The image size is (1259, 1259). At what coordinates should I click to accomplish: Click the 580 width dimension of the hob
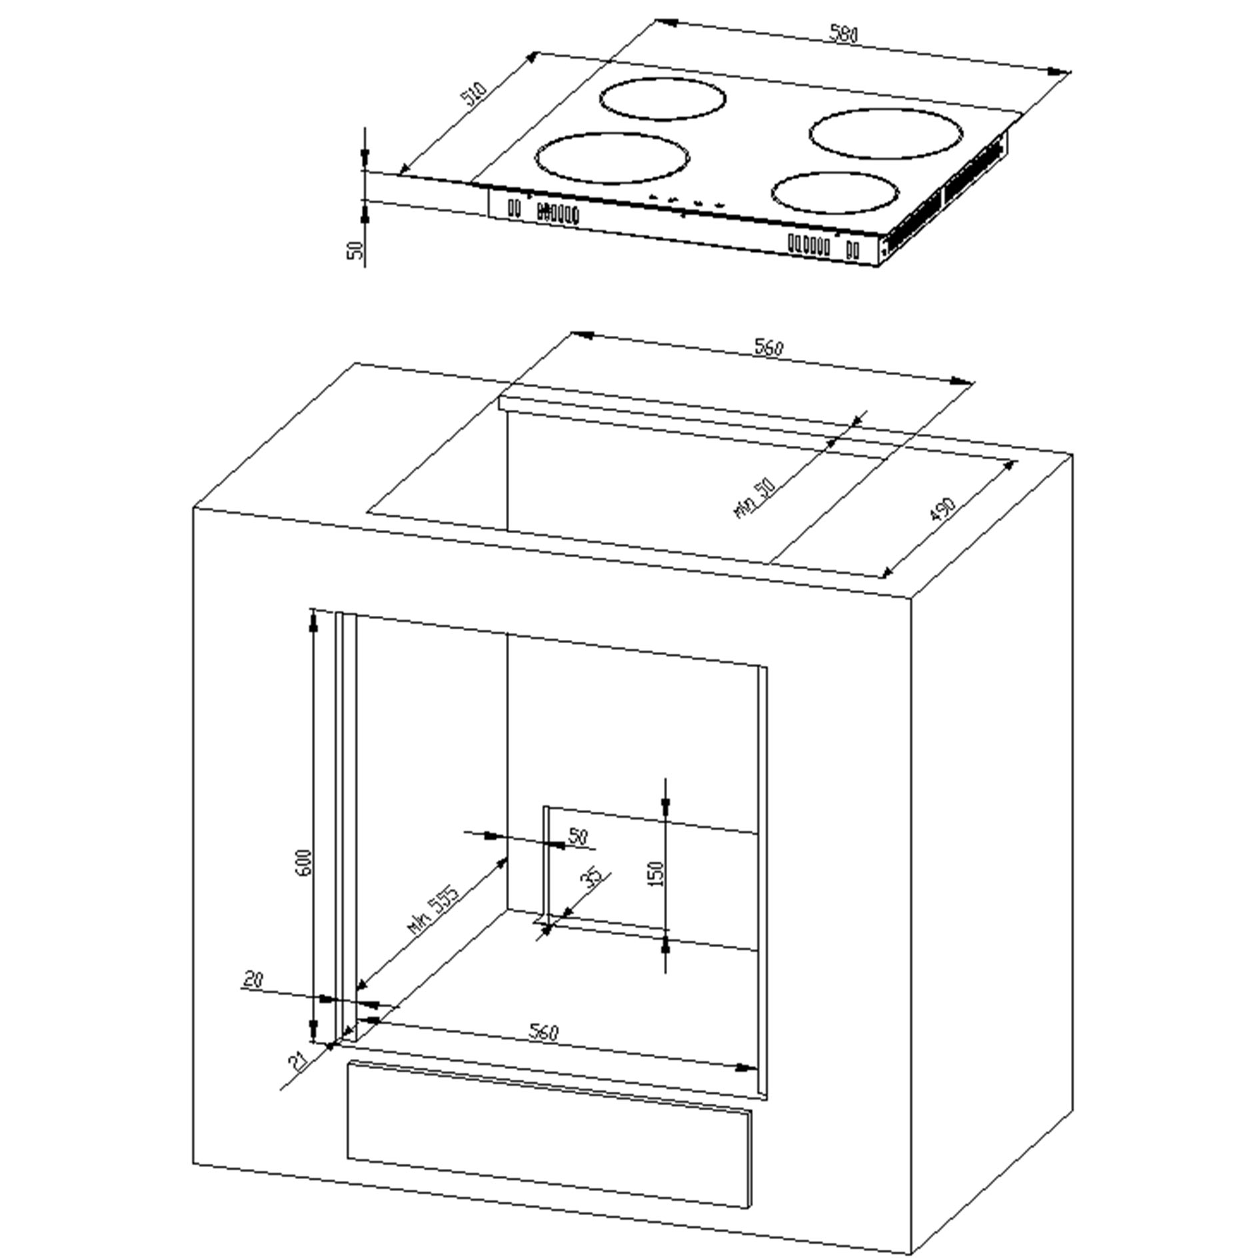coord(844,35)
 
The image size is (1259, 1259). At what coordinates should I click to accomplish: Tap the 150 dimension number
coord(656,873)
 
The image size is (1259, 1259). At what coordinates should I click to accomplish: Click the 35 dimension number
coord(593,878)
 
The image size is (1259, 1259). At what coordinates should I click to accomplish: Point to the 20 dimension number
coord(253,979)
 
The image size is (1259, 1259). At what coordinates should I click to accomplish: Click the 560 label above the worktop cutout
coord(768,347)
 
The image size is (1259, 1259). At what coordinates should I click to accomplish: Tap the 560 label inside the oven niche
coord(544,1032)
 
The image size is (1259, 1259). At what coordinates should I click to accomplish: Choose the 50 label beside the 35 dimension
coord(578,836)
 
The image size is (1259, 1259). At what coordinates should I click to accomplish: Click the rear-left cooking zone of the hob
coord(662,99)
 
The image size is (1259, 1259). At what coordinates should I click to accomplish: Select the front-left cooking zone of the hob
coord(612,158)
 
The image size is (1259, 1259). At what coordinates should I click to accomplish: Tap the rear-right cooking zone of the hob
coord(887,133)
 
